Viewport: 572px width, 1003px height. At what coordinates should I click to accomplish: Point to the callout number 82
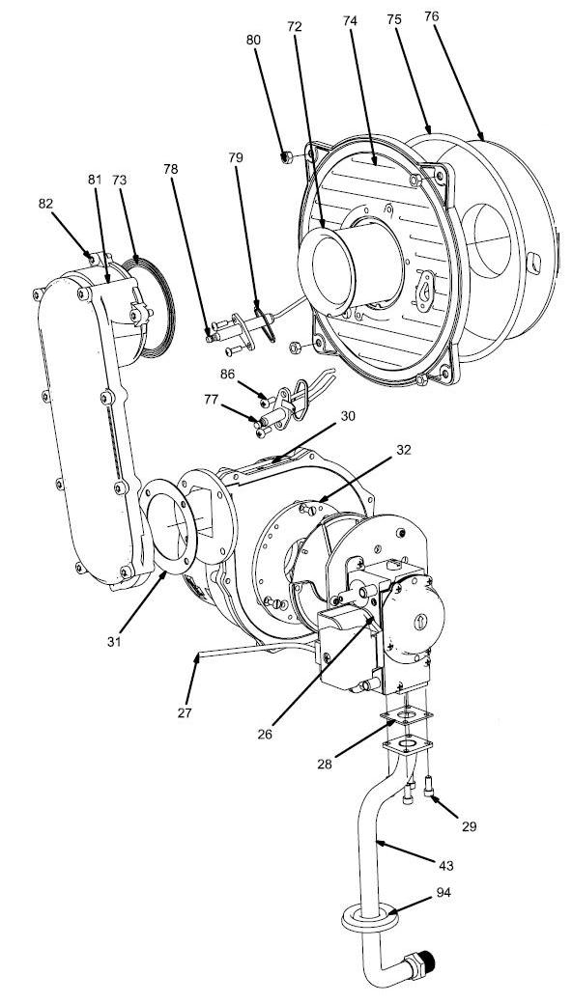tap(45, 205)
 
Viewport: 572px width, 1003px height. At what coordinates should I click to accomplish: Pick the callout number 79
tap(236, 157)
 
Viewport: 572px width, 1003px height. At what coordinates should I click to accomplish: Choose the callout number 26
tap(265, 733)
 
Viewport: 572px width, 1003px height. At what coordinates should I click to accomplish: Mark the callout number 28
tap(327, 764)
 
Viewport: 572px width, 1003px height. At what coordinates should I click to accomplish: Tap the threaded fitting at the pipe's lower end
tap(426, 966)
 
